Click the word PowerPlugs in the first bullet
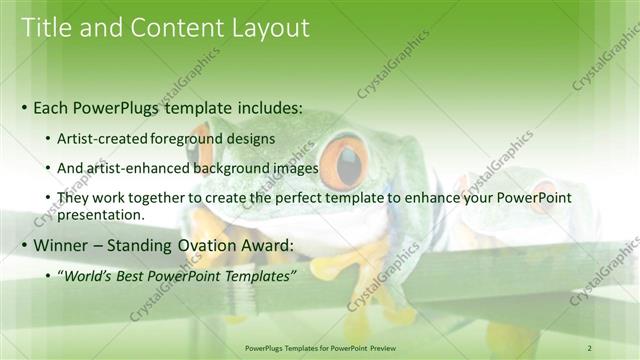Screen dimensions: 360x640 tap(123, 107)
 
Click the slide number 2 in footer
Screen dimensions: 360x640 tap(589, 347)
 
